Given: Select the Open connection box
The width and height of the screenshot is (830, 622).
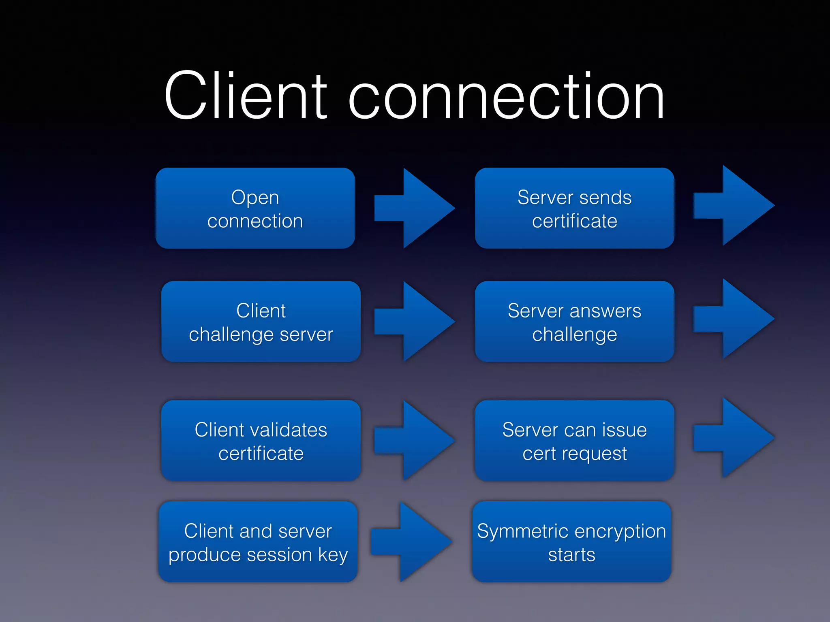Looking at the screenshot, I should coord(255,208).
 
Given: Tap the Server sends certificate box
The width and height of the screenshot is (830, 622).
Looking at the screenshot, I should coord(574,208).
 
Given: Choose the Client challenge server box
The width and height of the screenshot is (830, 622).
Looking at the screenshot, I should coord(261,322).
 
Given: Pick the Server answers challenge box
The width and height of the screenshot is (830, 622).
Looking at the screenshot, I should coord(574,322).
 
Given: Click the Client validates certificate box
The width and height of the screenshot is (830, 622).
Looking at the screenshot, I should coord(261,441).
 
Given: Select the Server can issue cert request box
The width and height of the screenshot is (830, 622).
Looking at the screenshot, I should coord(574,441).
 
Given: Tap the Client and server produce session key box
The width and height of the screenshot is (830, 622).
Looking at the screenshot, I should coord(258,542).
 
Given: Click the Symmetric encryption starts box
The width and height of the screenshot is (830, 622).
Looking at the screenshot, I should coord(571,542).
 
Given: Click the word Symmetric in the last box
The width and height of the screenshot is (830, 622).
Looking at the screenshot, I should coord(521,531).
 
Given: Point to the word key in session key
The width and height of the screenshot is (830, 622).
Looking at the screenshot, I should coord(333,555).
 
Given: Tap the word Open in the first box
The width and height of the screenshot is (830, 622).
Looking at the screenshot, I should coord(255,198).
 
